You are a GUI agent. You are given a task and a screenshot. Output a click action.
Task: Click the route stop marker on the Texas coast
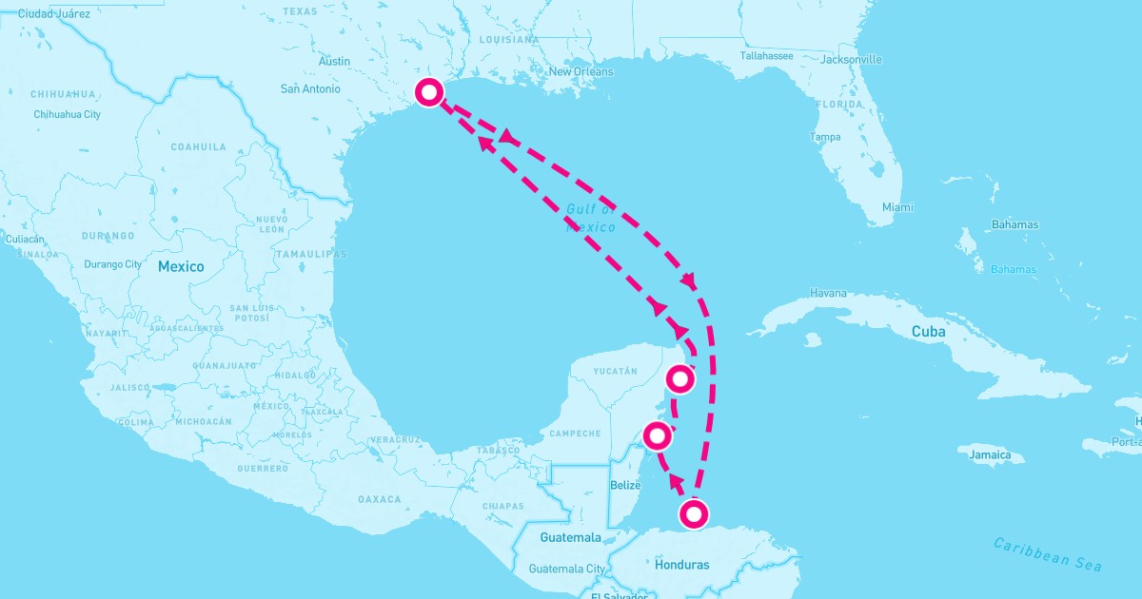coord(429,92)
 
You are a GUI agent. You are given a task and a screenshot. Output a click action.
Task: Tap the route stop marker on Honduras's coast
coord(695,514)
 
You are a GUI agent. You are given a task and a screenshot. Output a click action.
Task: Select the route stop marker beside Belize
coord(657,436)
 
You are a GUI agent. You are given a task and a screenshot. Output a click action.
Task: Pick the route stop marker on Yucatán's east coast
coord(679,378)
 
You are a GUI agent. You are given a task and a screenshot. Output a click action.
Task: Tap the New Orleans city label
coord(581,71)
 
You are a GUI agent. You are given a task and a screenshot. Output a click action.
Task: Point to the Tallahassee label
coord(766,56)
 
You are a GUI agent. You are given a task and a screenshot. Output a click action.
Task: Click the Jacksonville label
coord(851,60)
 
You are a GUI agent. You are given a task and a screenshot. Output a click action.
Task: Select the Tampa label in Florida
coord(825,137)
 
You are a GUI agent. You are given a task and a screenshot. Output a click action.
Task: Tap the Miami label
coord(896,207)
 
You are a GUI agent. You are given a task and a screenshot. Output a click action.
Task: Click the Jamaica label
coord(990,455)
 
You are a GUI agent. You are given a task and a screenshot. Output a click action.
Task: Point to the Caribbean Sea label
coord(1047,554)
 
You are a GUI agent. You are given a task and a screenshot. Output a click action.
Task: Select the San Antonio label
coord(309,89)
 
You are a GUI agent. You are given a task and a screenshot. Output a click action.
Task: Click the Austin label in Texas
coord(334,62)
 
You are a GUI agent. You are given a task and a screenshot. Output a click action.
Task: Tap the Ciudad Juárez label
coord(53,14)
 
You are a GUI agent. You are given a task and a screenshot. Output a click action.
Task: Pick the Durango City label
coord(112,264)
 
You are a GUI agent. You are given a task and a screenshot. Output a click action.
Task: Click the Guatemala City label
coord(567,569)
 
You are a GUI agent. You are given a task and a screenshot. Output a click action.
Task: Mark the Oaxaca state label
coord(380,499)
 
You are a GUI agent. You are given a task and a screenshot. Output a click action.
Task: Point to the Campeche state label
coord(575,434)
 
